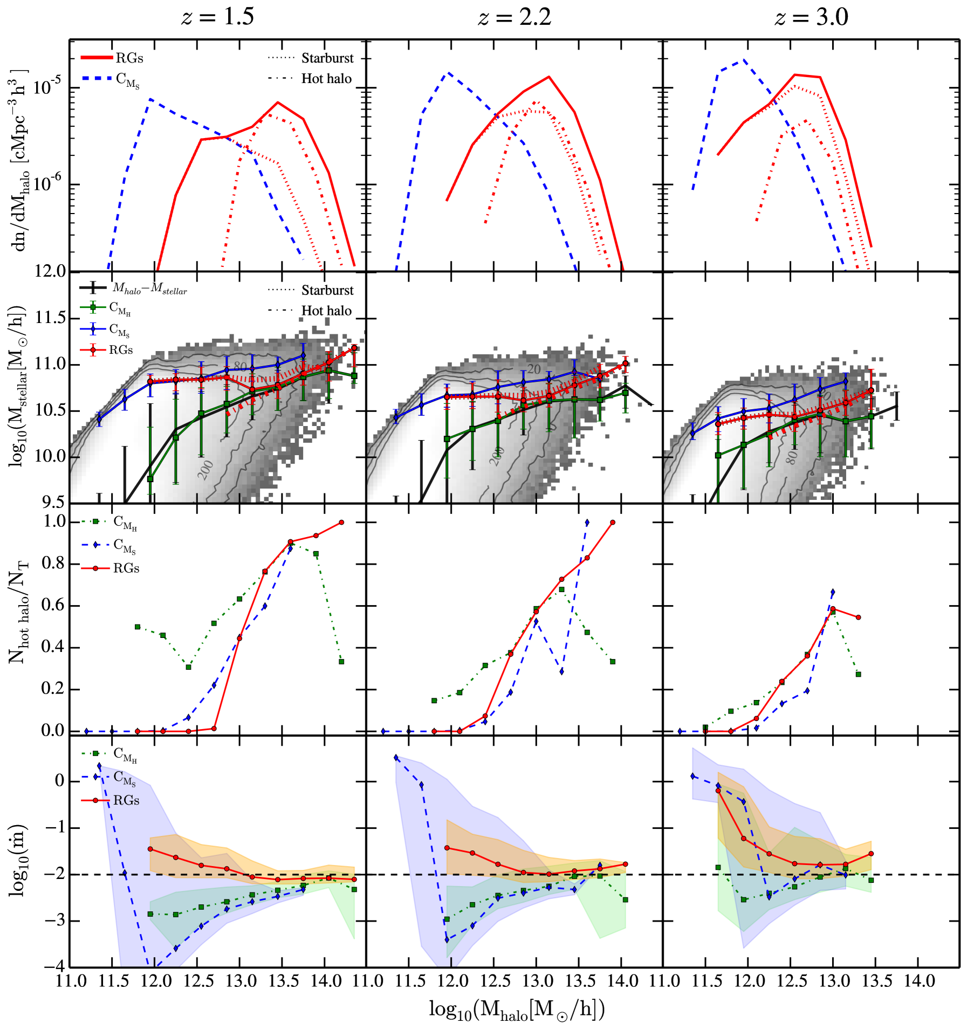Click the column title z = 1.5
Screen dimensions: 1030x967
pos(217,17)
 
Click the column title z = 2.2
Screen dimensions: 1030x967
pos(515,17)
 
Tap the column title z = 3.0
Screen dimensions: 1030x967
pos(811,17)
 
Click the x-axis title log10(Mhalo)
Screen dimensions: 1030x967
pos(516,1010)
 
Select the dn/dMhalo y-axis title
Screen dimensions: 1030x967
pos(20,160)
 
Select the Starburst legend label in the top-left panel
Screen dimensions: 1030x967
pos(327,58)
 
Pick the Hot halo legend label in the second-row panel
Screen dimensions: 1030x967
pos(326,311)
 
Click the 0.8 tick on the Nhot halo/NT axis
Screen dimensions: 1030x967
pos(53,563)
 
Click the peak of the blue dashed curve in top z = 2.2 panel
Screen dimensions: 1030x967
pos(447,72)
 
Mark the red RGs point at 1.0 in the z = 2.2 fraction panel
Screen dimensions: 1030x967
pos(612,523)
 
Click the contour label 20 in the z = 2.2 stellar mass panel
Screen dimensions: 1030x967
pos(533,369)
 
